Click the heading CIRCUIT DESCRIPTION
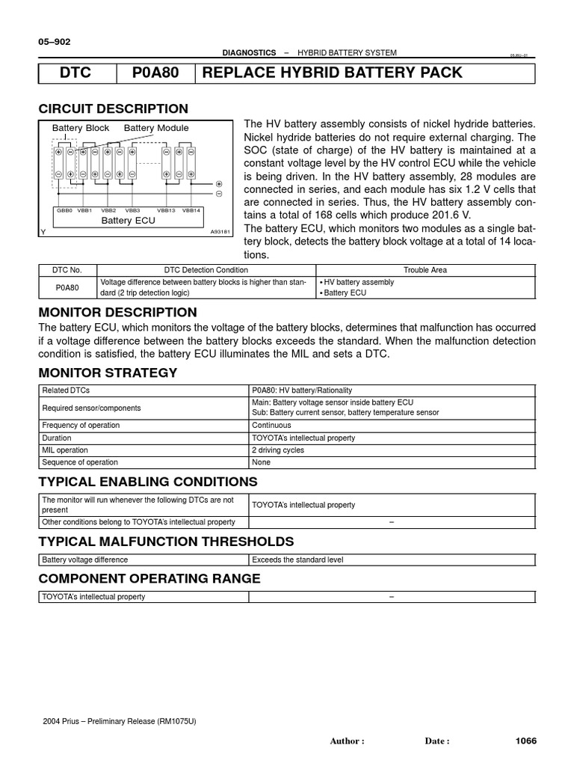(113, 108)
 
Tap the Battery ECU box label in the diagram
(128, 221)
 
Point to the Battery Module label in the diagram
(156, 128)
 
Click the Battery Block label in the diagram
(81, 128)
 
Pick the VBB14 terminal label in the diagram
(191, 210)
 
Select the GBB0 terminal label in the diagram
(65, 210)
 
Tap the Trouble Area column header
(425, 270)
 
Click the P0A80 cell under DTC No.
(68, 287)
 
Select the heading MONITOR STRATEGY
(108, 373)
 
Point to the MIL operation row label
(65, 450)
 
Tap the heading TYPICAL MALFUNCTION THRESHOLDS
(166, 542)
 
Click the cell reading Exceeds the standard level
(297, 560)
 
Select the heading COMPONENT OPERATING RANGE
(149, 578)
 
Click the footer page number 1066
(526, 741)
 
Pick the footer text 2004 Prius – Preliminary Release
(120, 721)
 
